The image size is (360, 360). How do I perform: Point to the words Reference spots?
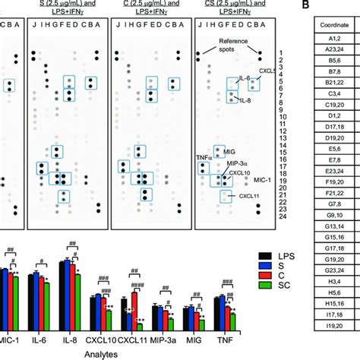tap(226, 43)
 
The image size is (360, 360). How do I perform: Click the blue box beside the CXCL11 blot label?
tap(225, 196)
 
